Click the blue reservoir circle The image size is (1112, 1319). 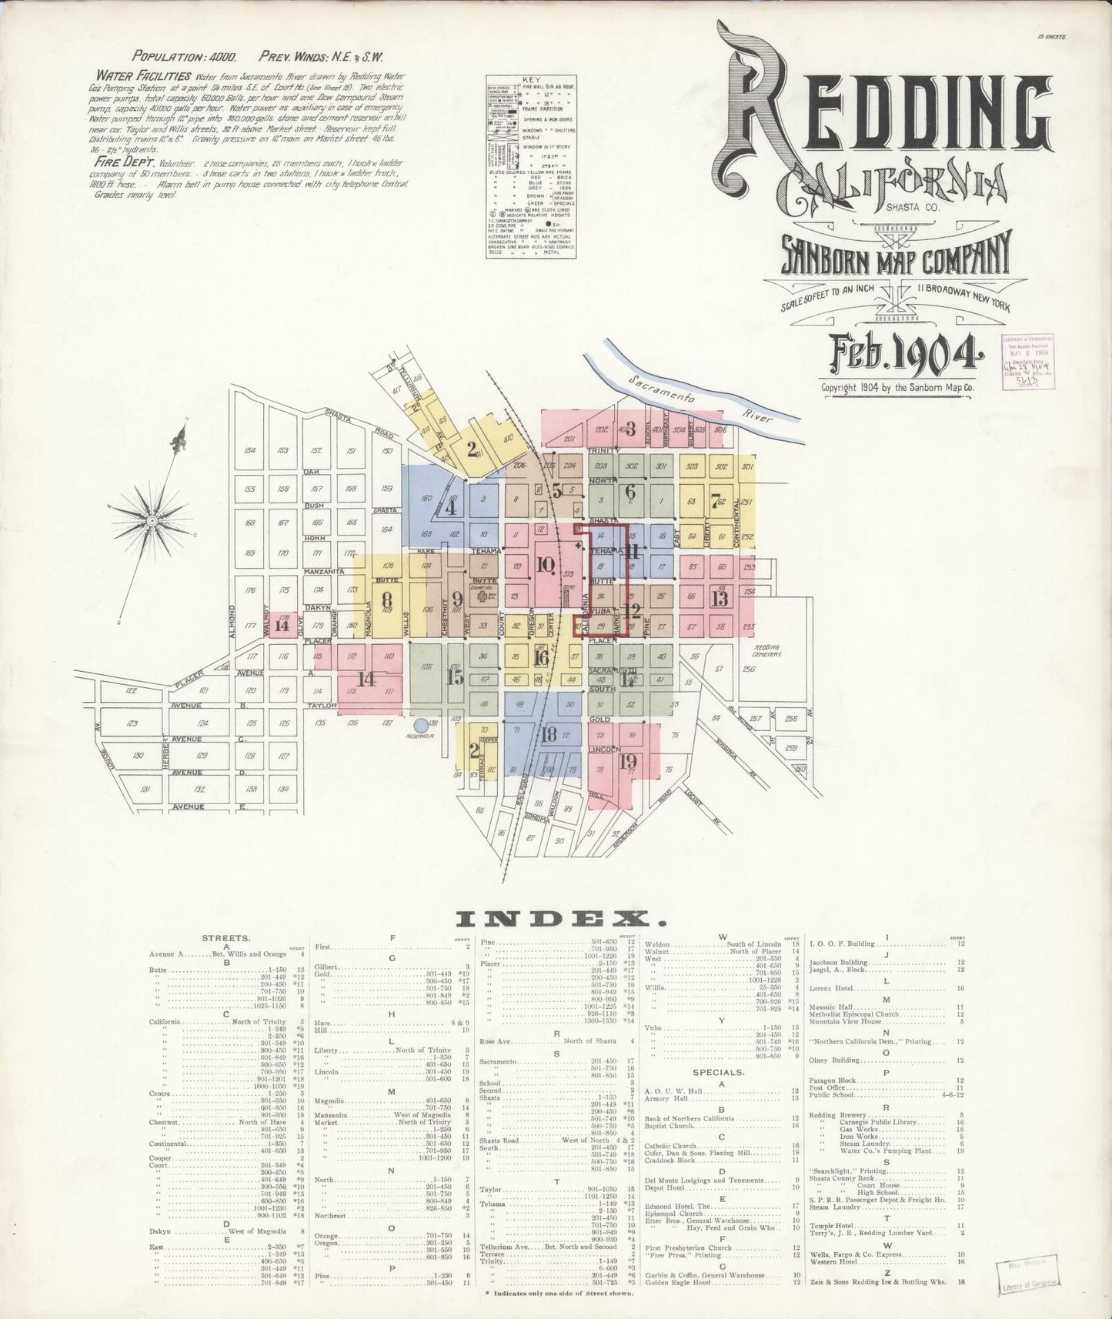coord(420,724)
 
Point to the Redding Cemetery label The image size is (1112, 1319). coord(767,650)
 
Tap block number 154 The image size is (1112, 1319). coord(249,451)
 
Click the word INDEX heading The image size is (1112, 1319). coord(560,918)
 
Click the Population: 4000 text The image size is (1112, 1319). coord(184,56)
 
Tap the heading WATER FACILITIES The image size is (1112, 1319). coord(143,76)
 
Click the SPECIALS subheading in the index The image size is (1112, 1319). coord(717,1070)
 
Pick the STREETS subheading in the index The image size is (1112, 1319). coord(225,938)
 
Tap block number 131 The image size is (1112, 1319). coord(145,790)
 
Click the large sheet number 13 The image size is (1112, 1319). coord(720,598)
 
